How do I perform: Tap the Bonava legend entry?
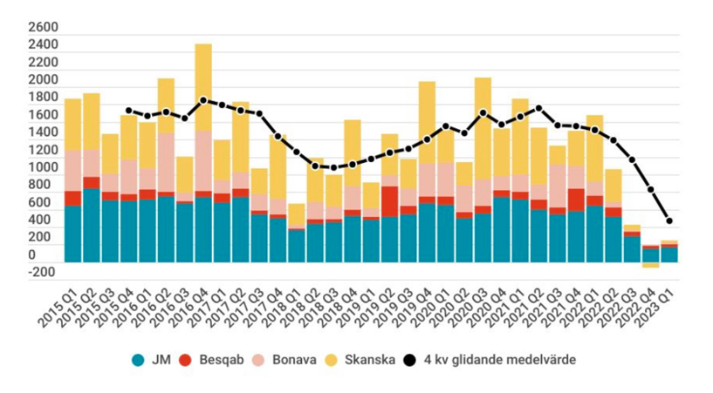[x=290, y=359]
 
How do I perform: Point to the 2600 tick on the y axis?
[x=43, y=28]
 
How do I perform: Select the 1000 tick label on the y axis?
[x=43, y=167]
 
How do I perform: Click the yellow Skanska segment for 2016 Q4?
[x=203, y=87]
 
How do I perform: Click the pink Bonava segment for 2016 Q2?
[x=166, y=162]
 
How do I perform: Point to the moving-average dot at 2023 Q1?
[x=668, y=220]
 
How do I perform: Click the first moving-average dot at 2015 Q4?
[x=128, y=111]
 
